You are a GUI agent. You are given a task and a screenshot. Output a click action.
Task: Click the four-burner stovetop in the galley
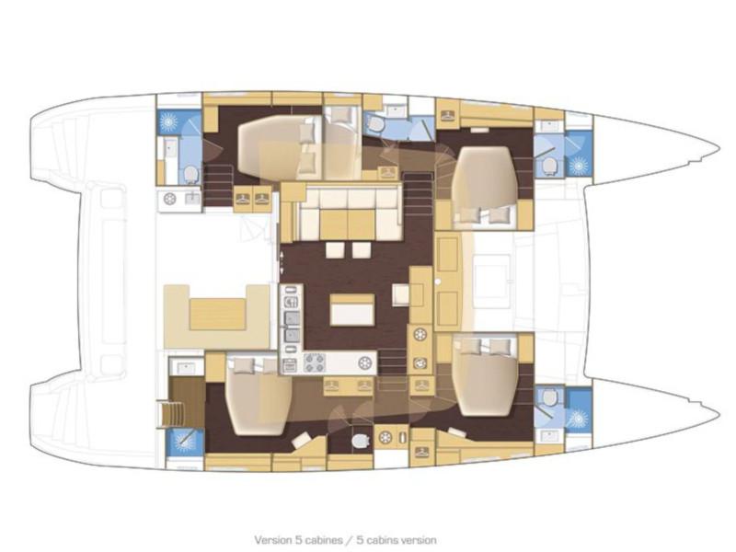[315, 362]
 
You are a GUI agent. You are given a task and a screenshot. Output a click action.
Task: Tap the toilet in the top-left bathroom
[190, 174]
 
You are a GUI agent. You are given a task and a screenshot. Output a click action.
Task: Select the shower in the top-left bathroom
[167, 122]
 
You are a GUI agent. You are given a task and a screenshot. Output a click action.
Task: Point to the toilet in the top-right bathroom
[548, 166]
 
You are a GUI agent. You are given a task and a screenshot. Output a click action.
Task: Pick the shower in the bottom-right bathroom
[579, 418]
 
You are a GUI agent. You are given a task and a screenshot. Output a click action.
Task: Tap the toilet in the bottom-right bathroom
[549, 398]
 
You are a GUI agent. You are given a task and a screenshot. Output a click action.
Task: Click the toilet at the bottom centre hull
[360, 441]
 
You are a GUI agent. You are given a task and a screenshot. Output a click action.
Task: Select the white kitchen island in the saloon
[352, 309]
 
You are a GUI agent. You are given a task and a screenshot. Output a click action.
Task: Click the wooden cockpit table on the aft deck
[218, 315]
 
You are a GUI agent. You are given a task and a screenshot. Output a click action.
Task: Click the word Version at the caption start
[272, 540]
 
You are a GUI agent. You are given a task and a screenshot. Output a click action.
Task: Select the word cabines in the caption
[324, 540]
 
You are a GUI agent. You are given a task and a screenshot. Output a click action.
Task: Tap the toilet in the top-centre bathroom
[375, 124]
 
